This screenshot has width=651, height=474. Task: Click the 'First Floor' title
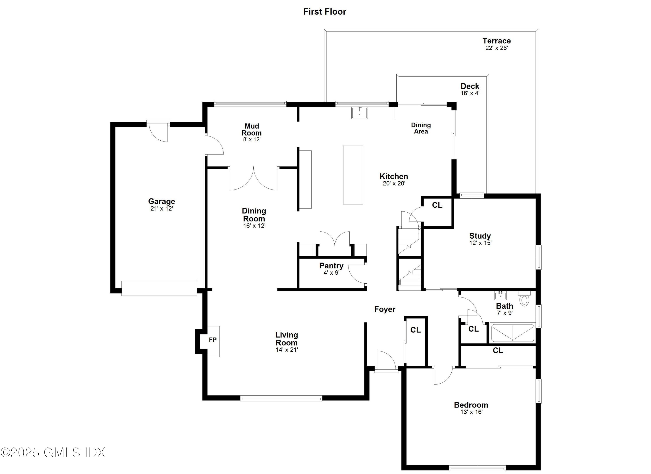tap(325, 12)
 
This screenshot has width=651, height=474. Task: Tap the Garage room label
tap(162, 201)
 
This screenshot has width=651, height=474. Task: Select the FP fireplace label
tap(213, 340)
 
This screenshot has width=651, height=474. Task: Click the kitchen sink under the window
tap(360, 112)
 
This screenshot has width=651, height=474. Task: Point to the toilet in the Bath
tap(524, 299)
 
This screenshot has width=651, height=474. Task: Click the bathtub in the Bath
tap(513, 333)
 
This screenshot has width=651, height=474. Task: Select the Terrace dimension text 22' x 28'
tap(496, 48)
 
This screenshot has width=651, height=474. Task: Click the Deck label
tap(470, 86)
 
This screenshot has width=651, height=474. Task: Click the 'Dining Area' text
tap(421, 128)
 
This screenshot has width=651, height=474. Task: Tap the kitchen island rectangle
tap(353, 175)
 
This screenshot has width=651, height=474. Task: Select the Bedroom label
tap(471, 405)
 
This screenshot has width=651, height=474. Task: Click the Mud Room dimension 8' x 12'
tap(252, 139)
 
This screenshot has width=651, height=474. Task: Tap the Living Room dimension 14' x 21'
tap(287, 350)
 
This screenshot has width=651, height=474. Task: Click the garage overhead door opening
tap(159, 288)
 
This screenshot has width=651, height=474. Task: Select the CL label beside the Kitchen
tap(437, 205)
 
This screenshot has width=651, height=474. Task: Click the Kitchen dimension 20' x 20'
tap(394, 183)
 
